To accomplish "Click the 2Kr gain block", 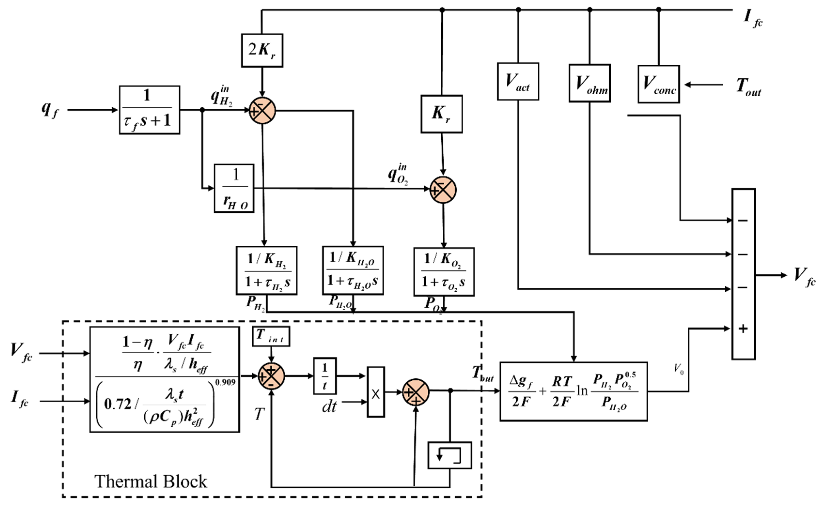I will [x=262, y=50].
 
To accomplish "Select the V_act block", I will [x=518, y=81].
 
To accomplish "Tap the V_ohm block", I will [x=589, y=83].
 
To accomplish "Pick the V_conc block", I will [x=658, y=84].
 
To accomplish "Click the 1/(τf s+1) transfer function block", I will [x=149, y=110].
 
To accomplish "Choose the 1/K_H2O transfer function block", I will [x=353, y=270].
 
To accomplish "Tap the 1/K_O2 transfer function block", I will [x=444, y=272].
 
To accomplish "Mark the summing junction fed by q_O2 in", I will [x=443, y=190].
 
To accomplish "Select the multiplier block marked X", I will [x=375, y=392].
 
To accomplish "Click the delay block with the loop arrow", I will [x=449, y=455].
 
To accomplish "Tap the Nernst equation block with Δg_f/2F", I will [x=573, y=392].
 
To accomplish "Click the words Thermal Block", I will [x=151, y=481].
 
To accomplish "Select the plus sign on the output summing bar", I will [x=743, y=329].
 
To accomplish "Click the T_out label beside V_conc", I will [x=748, y=87].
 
